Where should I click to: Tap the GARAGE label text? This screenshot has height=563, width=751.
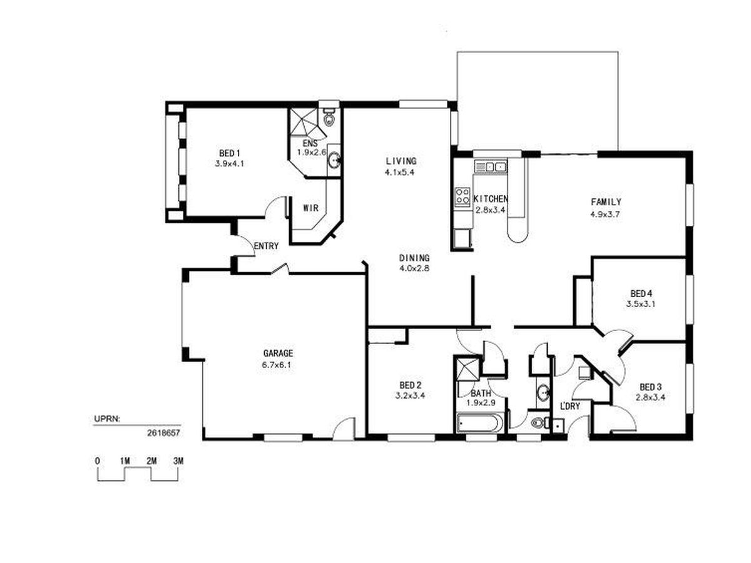click(278, 353)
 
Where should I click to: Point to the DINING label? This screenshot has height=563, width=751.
click(414, 258)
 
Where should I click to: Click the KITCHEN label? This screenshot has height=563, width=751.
click(490, 198)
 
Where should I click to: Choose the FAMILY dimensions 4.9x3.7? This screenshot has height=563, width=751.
click(605, 215)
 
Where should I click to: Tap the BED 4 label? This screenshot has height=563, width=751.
click(641, 293)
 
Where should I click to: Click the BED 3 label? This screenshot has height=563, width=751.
click(650, 387)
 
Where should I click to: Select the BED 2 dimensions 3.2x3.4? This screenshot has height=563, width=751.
click(411, 395)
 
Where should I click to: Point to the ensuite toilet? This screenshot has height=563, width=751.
click(329, 117)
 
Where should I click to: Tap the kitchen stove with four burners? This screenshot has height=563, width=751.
click(462, 196)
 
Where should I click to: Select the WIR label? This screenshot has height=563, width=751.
click(310, 208)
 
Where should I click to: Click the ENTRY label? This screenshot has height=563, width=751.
click(266, 246)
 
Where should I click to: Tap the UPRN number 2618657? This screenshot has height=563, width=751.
click(163, 433)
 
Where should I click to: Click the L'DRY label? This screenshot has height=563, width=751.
click(570, 406)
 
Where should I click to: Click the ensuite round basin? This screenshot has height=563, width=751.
click(334, 160)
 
